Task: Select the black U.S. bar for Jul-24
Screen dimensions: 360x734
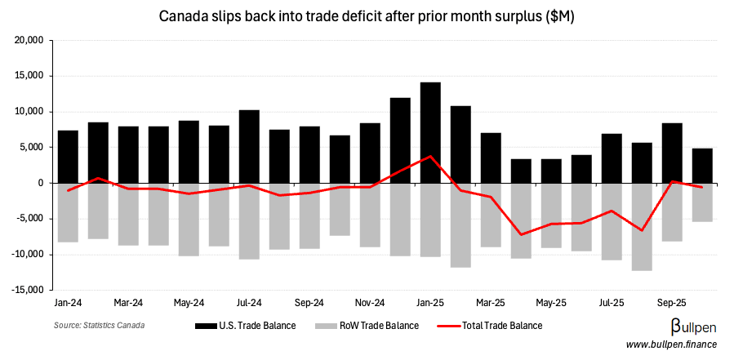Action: [x=249, y=146]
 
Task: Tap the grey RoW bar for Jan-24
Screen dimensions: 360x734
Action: [x=68, y=212]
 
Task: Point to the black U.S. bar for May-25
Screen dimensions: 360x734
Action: [x=551, y=171]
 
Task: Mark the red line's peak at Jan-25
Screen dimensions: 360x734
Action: [x=430, y=156]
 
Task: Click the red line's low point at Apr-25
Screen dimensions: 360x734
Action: [x=521, y=234]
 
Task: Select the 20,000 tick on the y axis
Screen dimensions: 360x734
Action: [x=32, y=41]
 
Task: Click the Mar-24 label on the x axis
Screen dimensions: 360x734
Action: [x=128, y=302]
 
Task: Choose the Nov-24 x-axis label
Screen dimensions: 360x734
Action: [x=370, y=302]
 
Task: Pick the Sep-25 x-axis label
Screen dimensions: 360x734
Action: [x=672, y=302]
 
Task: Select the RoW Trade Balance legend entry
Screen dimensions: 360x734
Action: [x=376, y=326]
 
